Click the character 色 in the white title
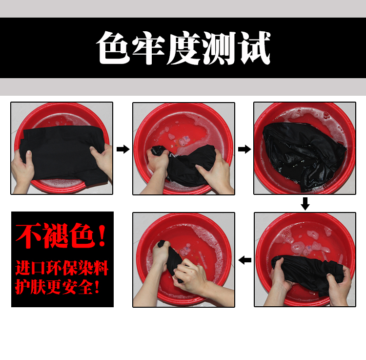click(113, 48)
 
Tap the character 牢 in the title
click(149, 48)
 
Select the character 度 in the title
click(183, 48)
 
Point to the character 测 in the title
click(219, 48)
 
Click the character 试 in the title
click(254, 48)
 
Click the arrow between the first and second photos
click(123, 149)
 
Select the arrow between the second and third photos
click(244, 149)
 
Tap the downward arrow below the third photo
click(305, 204)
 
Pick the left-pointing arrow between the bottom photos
click(244, 260)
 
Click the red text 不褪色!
click(61, 235)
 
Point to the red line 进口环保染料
click(62, 268)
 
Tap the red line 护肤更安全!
click(58, 287)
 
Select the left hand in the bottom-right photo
click(282, 275)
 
